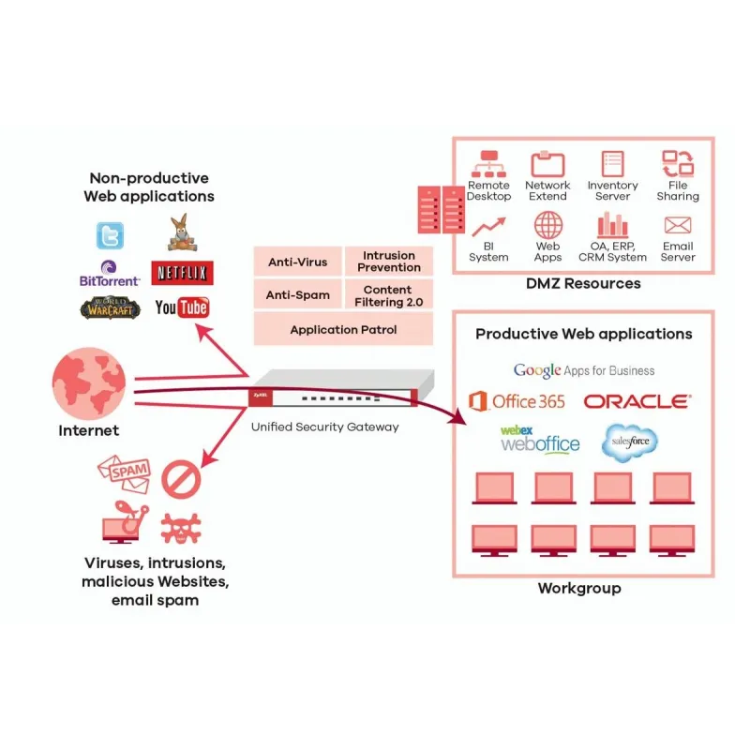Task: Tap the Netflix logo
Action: click(x=182, y=273)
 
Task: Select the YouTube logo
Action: click(x=182, y=307)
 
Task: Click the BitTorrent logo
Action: click(x=110, y=274)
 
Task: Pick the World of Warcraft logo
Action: click(x=111, y=307)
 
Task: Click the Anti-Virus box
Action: click(x=296, y=262)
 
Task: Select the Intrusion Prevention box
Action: click(x=389, y=262)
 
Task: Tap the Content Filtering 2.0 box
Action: click(x=389, y=295)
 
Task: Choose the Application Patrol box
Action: click(x=343, y=329)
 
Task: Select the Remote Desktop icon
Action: click(x=488, y=165)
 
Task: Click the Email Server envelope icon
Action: click(x=677, y=226)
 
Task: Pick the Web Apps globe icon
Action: click(x=547, y=226)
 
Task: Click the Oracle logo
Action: click(x=637, y=401)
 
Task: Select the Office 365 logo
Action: click(x=517, y=401)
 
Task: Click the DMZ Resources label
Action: click(x=583, y=283)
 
